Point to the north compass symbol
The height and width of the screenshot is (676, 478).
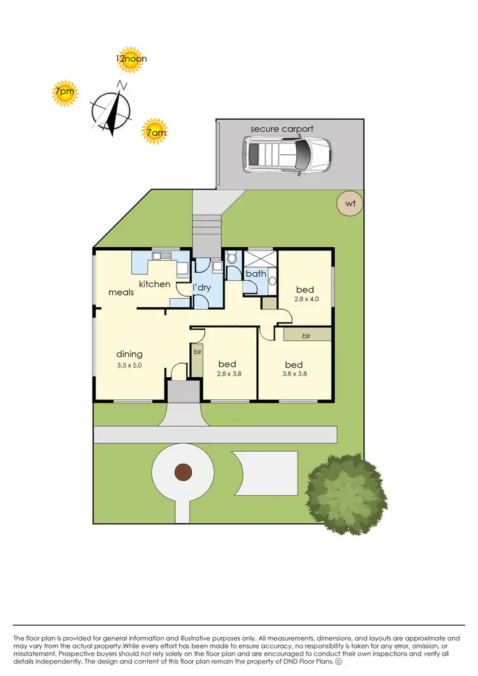point(112,110)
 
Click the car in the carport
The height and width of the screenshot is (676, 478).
point(287,155)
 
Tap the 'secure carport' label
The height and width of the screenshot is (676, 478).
point(282,129)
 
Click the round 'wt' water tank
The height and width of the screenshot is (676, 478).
point(349,204)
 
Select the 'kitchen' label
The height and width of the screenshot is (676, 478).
point(155,284)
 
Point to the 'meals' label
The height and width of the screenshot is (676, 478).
point(121,292)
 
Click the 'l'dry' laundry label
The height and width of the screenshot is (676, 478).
point(202,288)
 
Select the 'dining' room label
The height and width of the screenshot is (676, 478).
point(129,354)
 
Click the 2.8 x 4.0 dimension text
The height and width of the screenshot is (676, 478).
point(305,299)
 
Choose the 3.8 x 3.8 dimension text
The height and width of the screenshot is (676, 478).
point(296,374)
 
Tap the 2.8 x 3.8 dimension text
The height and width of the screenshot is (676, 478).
point(229,374)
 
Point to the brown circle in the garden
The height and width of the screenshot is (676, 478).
point(184,472)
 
